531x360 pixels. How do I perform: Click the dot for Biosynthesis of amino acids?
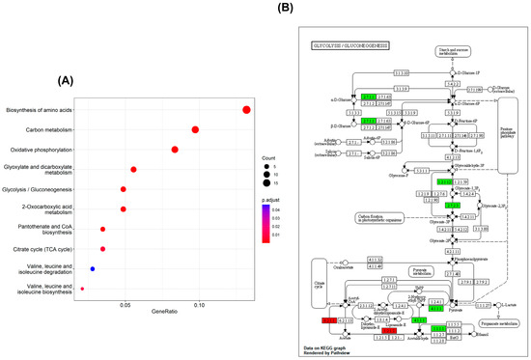[x=246, y=110]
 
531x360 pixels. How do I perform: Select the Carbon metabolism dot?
[x=195, y=129]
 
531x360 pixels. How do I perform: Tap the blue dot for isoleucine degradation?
[x=92, y=269]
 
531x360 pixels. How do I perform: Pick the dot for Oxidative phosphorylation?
[x=175, y=150]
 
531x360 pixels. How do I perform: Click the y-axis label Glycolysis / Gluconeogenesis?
[x=45, y=189]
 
